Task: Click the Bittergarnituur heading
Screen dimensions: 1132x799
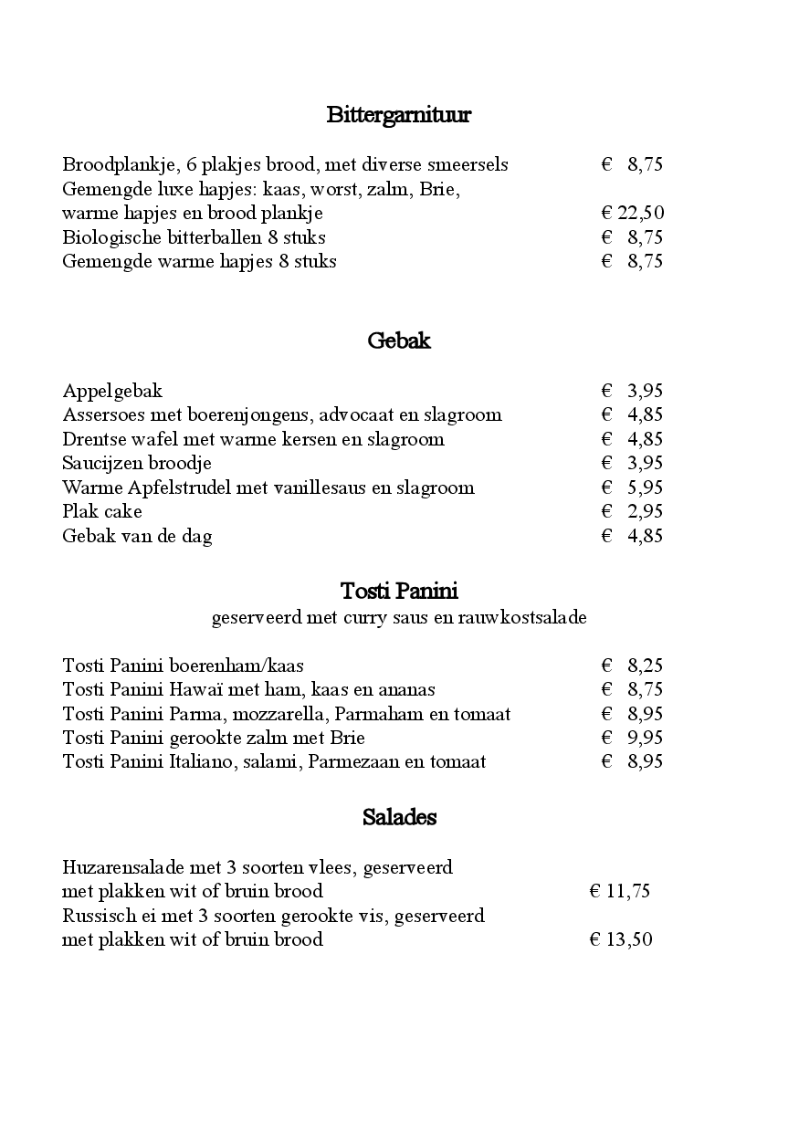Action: point(398,115)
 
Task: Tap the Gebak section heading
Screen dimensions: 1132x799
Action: point(399,341)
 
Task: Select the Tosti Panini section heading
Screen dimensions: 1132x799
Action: point(399,591)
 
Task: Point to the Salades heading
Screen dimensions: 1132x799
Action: point(399,817)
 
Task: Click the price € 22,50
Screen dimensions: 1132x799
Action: point(633,214)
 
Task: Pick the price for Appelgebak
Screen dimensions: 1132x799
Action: point(632,392)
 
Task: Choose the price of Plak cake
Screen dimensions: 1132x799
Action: point(632,512)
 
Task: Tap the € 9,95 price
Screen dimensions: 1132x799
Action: point(632,738)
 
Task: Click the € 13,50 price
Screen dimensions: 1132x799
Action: point(621,940)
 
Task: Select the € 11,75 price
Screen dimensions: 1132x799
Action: point(620,892)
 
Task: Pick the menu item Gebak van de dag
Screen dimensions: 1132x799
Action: point(137,537)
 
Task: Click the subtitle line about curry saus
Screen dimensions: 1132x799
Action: point(399,618)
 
